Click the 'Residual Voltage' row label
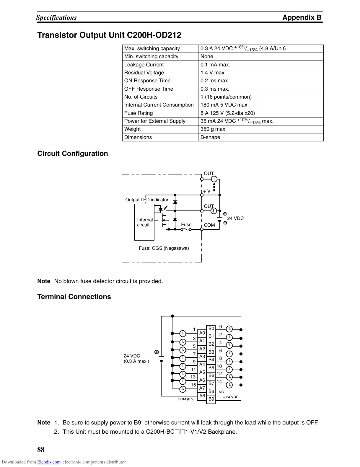tap(144, 73)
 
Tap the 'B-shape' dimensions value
tap(210, 137)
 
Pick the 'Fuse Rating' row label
tap(139, 113)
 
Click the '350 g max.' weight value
tap(214, 129)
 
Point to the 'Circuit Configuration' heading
tap(73, 154)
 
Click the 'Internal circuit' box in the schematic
tap(144, 222)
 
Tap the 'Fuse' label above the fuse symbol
tap(186, 225)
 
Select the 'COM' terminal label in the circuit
tap(209, 225)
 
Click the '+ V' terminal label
tap(207, 191)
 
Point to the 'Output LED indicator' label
tap(147, 200)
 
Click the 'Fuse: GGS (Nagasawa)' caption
tap(164, 248)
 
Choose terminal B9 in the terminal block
tap(211, 399)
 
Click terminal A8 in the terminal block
tap(202, 396)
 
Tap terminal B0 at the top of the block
tap(211, 329)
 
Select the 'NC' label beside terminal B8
tap(221, 392)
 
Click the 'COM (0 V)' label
tap(186, 399)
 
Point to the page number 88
tap(41, 450)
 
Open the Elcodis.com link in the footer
tap(49, 462)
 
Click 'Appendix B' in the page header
tap(302, 17)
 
